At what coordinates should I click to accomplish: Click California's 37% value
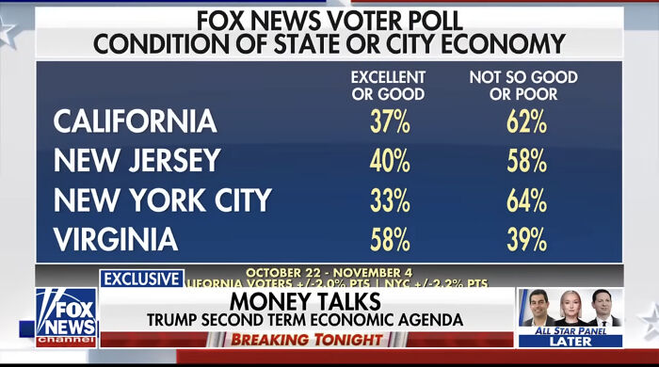pyautogui.click(x=389, y=121)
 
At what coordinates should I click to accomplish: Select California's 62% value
pyautogui.click(x=523, y=121)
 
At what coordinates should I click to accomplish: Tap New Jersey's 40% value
pyautogui.click(x=389, y=161)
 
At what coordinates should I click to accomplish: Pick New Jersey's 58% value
pyautogui.click(x=523, y=161)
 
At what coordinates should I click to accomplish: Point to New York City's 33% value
pyautogui.click(x=389, y=200)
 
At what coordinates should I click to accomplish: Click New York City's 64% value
pyautogui.click(x=523, y=200)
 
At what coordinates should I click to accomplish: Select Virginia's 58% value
pyautogui.click(x=389, y=240)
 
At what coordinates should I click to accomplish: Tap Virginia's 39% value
pyautogui.click(x=523, y=240)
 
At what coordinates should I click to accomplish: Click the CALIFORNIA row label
pyautogui.click(x=135, y=121)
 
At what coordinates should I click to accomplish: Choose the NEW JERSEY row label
pyautogui.click(x=137, y=161)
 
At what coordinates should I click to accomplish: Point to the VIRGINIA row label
pyautogui.click(x=116, y=240)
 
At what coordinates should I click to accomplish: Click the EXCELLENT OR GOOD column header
pyautogui.click(x=388, y=85)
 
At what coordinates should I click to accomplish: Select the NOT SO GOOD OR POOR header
pyautogui.click(x=523, y=85)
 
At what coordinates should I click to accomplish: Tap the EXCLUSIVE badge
pyautogui.click(x=141, y=279)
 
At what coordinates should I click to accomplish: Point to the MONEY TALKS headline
pyautogui.click(x=305, y=302)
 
